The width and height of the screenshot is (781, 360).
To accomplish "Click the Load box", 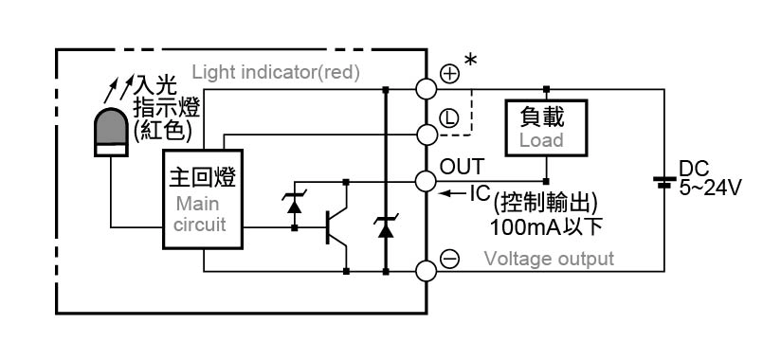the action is [546, 128].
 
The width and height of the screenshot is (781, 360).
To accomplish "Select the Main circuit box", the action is [203, 199].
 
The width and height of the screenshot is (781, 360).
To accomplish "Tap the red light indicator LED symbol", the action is [111, 132].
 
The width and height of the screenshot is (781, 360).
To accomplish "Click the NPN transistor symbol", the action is [336, 227].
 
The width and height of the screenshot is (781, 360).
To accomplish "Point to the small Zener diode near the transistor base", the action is [295, 204].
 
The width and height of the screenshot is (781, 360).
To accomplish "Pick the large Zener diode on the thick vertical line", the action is [386, 227].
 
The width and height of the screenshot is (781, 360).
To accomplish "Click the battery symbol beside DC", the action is [664, 181].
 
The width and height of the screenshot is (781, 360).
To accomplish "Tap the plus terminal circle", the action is [427, 90].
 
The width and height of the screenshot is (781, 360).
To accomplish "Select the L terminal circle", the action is [427, 135].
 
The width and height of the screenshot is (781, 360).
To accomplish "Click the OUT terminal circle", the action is [427, 181].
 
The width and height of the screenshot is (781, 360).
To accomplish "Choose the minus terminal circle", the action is [427, 271].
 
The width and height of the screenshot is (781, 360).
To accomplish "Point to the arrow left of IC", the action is [453, 193].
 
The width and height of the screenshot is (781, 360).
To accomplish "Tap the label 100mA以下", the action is [546, 227].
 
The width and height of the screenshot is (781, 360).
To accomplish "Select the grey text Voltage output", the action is [549, 259].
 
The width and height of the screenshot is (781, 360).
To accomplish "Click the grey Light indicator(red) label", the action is [276, 73].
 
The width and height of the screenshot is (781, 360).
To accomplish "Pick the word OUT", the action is [462, 168].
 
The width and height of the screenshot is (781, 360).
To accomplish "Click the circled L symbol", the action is [450, 118].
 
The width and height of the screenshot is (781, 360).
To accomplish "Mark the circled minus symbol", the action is [451, 259].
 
